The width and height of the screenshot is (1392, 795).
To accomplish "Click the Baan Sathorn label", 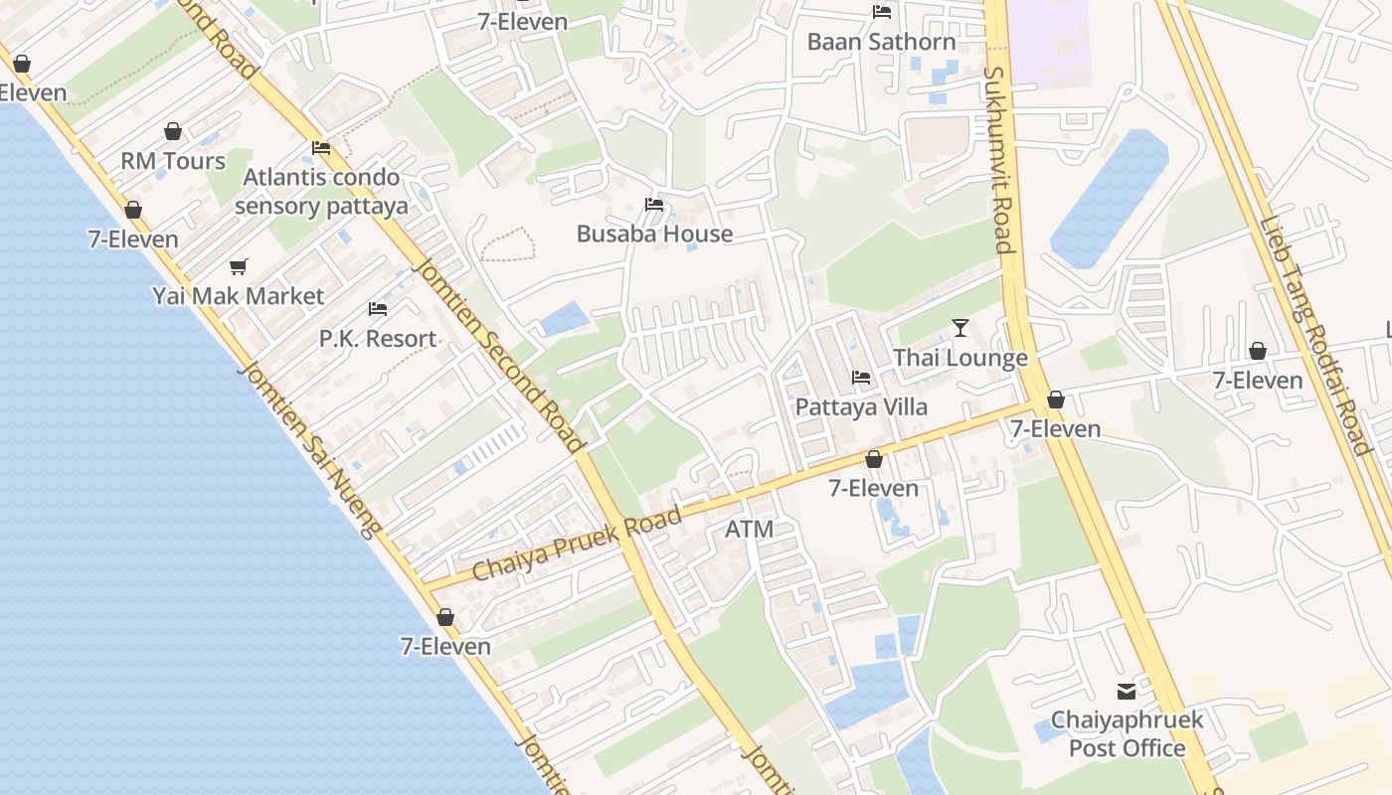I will [x=881, y=42].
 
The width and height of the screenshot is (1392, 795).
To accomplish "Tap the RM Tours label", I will [x=173, y=161].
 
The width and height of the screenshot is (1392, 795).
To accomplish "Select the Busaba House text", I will [x=654, y=235].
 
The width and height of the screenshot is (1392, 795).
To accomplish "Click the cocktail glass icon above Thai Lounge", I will [x=959, y=327].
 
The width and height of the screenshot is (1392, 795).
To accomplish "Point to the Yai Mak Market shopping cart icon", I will [x=238, y=266].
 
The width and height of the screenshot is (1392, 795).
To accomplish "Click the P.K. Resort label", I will [x=378, y=339].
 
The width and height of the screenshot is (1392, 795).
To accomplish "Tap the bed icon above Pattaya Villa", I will [x=861, y=378].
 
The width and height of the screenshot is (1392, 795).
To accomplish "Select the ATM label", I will [x=749, y=530].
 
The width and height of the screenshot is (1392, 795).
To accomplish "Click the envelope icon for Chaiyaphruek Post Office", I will [x=1127, y=691].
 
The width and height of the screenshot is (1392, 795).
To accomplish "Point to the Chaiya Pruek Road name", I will [x=577, y=544].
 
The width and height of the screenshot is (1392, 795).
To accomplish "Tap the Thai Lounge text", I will [x=960, y=358].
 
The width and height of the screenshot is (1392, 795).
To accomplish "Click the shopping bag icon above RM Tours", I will [x=173, y=131].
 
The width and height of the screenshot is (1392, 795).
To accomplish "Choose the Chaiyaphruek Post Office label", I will [x=1127, y=734].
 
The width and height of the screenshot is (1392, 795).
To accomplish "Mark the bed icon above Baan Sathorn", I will [x=881, y=12].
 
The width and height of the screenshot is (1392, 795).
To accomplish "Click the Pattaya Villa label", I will [x=861, y=407].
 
